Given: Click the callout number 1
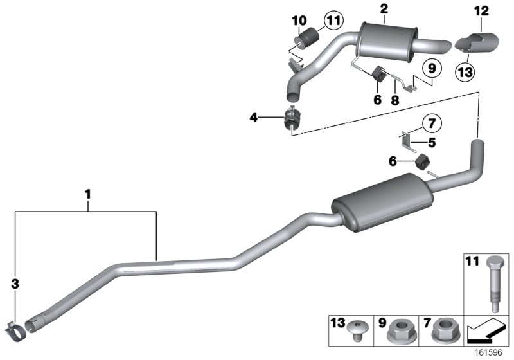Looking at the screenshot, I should point(88,192).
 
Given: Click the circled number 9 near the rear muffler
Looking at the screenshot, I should point(430,67).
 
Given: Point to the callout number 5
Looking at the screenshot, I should point(432,143).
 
